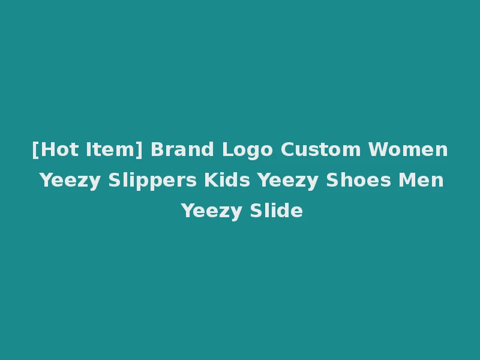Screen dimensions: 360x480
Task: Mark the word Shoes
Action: (359, 180)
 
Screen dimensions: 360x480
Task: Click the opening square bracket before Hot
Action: (35, 150)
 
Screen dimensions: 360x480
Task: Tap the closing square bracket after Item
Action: (140, 150)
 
